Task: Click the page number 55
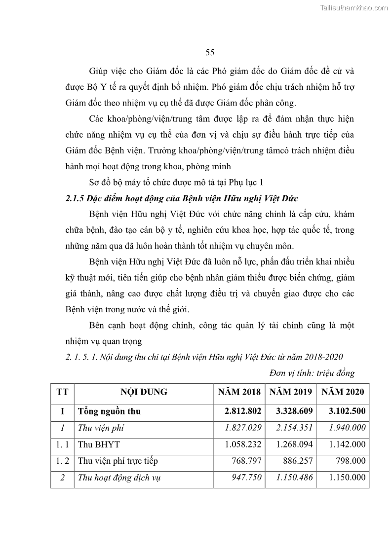(209, 52)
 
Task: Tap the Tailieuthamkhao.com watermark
(354, 7)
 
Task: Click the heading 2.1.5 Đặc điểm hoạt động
(181, 198)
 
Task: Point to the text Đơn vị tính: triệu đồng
(312, 373)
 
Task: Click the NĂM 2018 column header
(239, 392)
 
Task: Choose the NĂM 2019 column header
(291, 392)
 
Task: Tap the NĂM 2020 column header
(343, 392)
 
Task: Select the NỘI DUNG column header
(144, 392)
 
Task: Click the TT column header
(62, 392)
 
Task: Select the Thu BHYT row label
(99, 444)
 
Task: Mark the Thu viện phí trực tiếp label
(118, 461)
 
